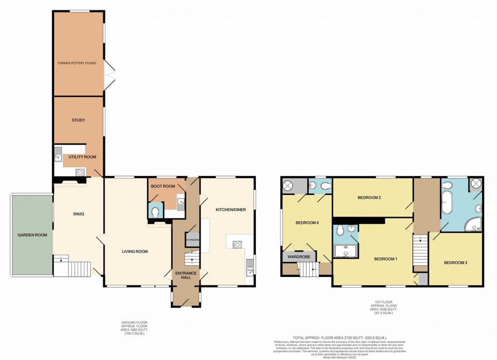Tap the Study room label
(79, 120)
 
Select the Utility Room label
(82, 157)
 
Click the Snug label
(78, 214)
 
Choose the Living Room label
(134, 251)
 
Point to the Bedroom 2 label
(369, 197)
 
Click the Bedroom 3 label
(456, 263)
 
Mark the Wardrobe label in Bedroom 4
(298, 255)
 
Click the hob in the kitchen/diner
(238, 245)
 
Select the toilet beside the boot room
(155, 212)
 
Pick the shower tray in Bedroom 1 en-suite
(346, 251)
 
